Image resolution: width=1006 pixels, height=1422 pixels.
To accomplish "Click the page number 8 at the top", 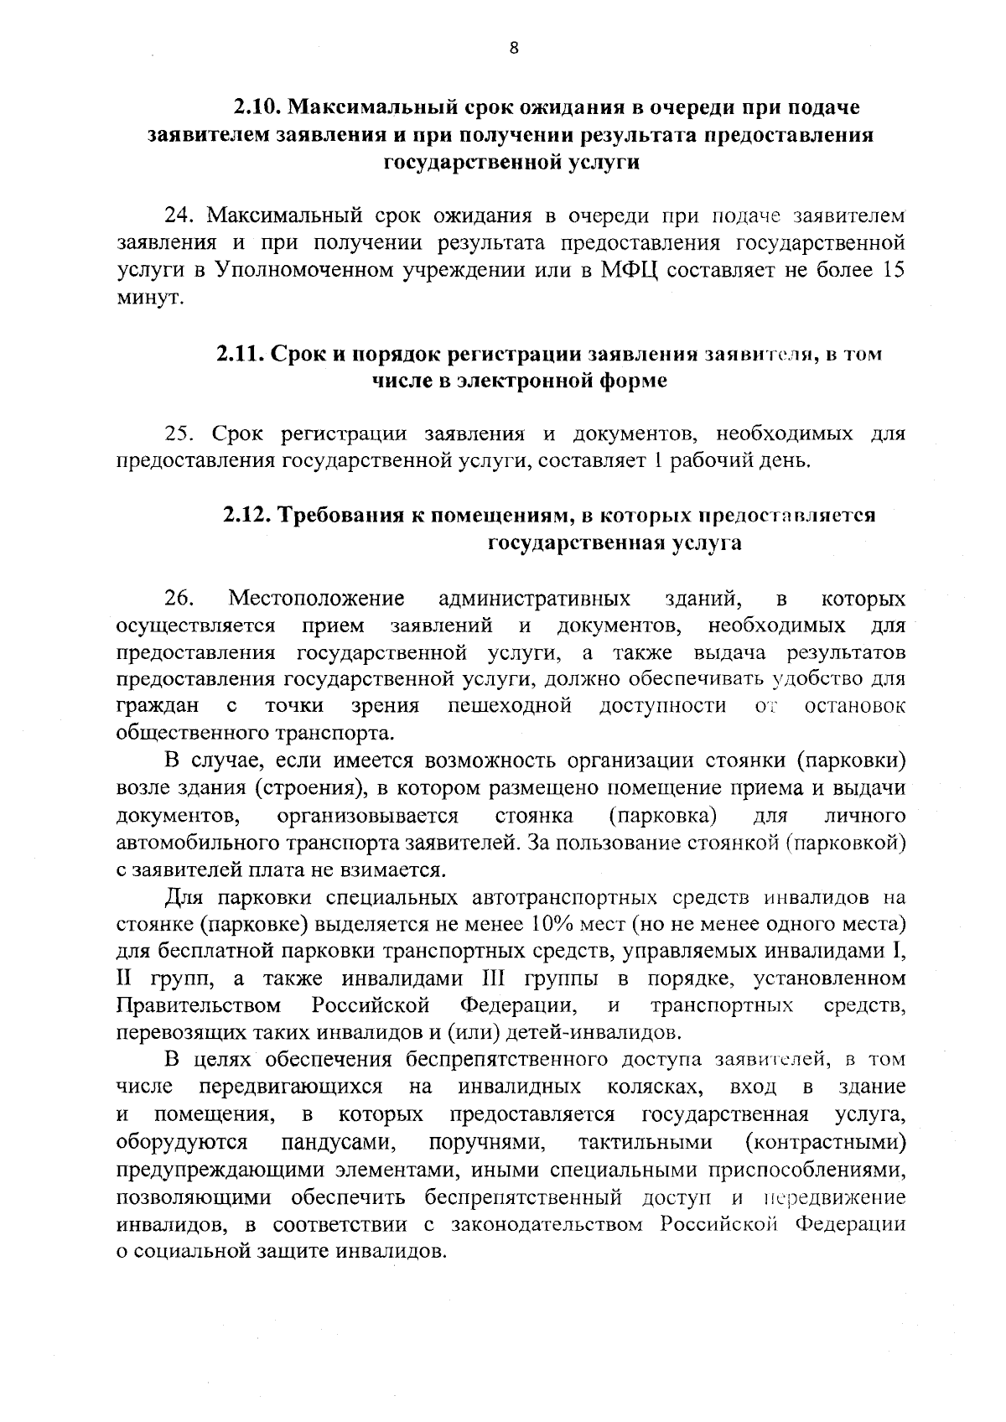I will tap(514, 49).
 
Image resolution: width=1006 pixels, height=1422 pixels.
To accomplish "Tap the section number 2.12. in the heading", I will tap(248, 515).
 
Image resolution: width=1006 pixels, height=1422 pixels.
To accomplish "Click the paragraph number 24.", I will tap(180, 216).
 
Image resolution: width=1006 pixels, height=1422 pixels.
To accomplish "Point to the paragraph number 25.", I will tap(180, 434).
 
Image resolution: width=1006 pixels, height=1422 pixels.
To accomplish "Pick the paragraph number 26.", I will tap(179, 599).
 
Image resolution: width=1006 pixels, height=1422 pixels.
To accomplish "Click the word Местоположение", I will tap(317, 599).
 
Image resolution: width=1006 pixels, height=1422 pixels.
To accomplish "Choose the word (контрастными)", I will tap(825, 1142).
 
